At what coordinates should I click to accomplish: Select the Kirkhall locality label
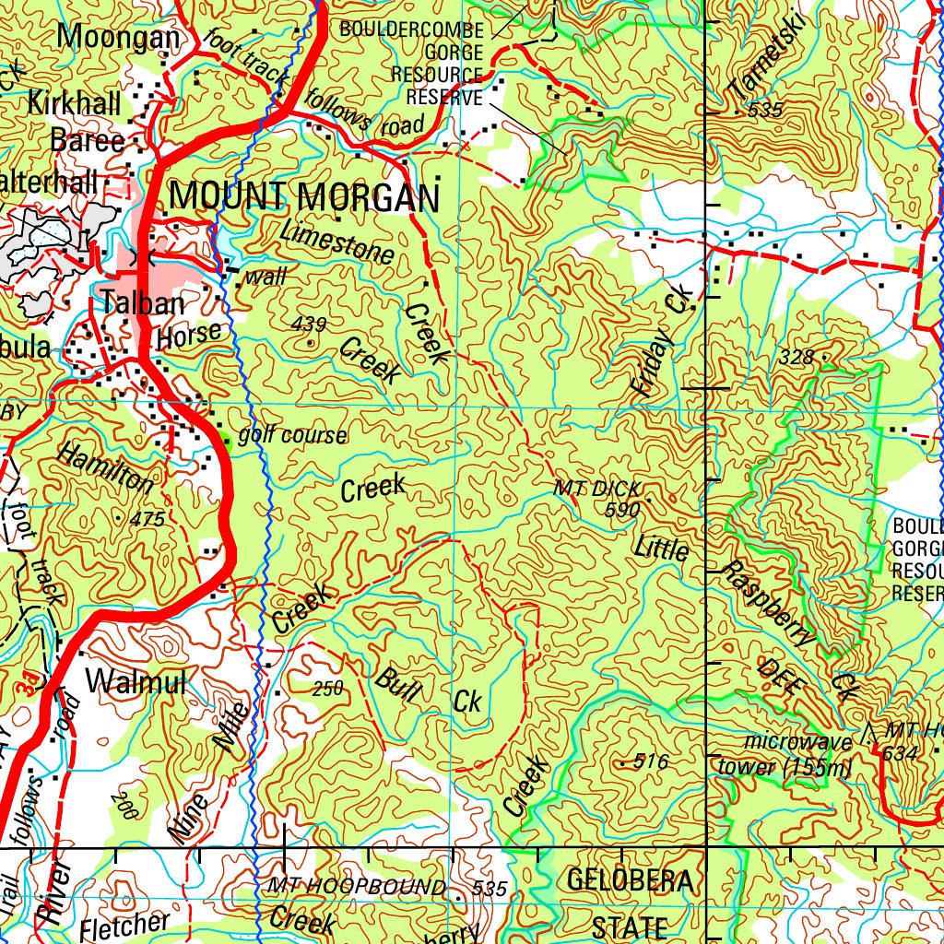tap(75, 104)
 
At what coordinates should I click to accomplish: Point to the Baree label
tap(88, 141)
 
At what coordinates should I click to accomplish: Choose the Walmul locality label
tap(136, 681)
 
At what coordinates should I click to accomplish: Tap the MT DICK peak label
tap(596, 489)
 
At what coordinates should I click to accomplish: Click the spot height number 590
tap(623, 509)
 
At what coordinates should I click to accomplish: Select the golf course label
tap(292, 435)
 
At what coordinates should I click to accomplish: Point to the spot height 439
tap(309, 324)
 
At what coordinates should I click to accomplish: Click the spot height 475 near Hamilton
tap(147, 520)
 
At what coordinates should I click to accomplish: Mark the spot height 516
tap(650, 761)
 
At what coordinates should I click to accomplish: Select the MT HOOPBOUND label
tap(357, 887)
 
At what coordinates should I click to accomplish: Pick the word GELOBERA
tap(630, 881)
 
